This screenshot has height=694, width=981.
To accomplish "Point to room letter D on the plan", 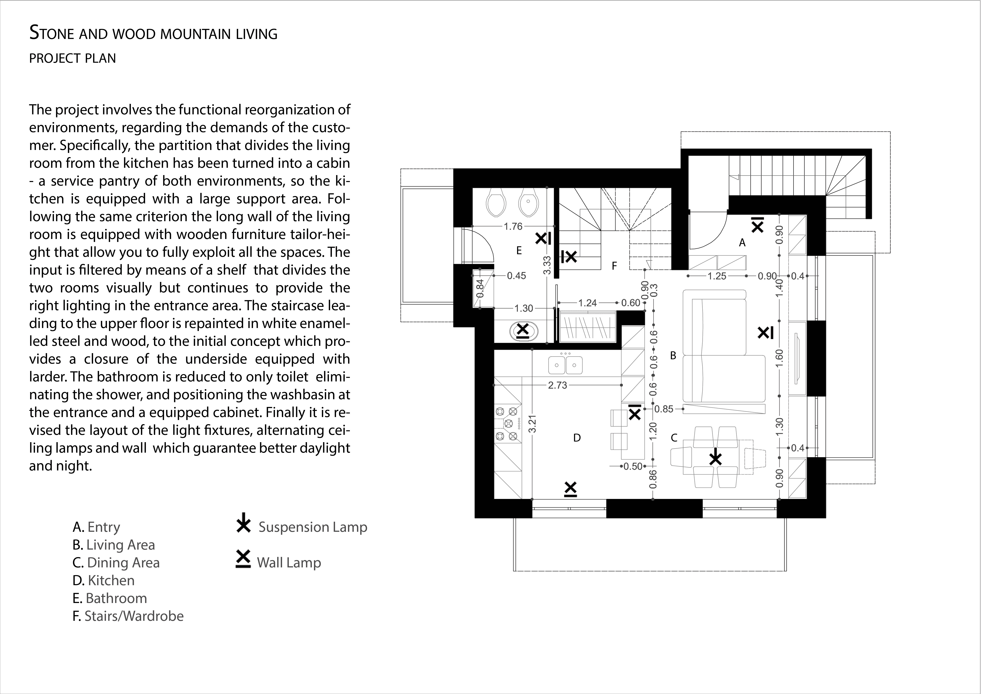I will tap(577, 438).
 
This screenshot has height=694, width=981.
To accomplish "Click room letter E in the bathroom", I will tap(519, 251).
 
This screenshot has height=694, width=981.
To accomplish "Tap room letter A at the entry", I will tap(742, 243).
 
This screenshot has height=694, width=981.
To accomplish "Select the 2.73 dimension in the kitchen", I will tap(558, 385).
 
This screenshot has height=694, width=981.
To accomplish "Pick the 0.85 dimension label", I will tap(664, 409).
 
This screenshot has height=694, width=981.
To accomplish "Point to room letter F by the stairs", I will tap(614, 266).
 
